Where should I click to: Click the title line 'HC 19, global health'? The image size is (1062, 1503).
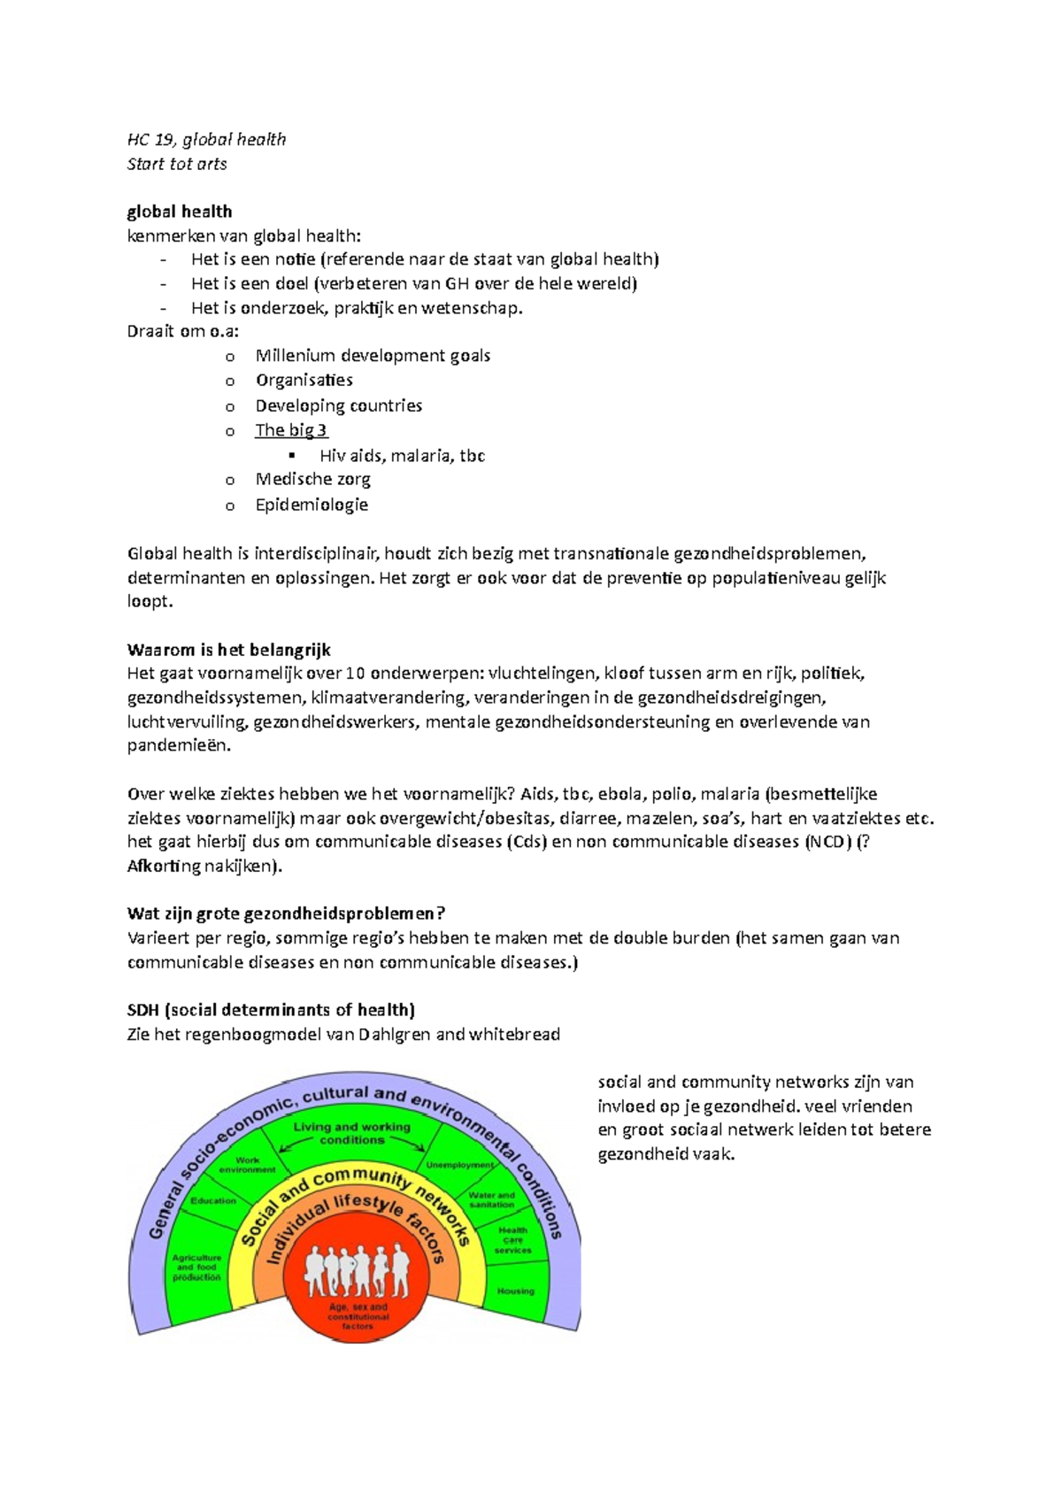click(x=206, y=139)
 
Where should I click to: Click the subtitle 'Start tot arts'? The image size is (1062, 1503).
click(x=177, y=164)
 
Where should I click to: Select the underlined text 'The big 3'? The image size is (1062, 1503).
click(x=291, y=430)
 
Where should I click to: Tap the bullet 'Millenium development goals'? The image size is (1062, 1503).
click(x=373, y=356)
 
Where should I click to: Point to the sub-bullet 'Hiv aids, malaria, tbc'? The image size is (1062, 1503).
click(x=402, y=456)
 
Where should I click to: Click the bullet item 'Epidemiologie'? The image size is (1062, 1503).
click(x=312, y=505)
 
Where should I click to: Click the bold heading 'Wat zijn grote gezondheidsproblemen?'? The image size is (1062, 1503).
click(x=286, y=913)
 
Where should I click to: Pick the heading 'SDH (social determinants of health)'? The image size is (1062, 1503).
click(x=271, y=1010)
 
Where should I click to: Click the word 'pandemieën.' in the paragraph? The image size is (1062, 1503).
click(x=179, y=745)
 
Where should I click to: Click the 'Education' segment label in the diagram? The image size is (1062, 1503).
click(x=213, y=1201)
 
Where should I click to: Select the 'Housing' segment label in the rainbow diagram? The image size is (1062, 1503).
click(x=515, y=1291)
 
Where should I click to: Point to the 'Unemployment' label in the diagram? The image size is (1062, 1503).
click(x=459, y=1165)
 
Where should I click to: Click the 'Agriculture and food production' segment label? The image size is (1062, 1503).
click(x=196, y=1268)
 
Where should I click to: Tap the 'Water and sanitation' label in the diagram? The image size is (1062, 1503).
click(x=492, y=1199)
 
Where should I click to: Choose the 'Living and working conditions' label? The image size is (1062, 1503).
click(x=351, y=1133)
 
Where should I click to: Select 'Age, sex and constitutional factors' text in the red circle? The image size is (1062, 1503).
click(x=358, y=1316)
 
